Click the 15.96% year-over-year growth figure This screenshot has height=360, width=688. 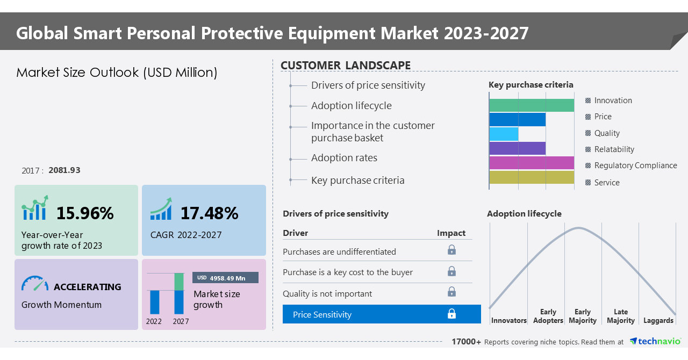coord(85,213)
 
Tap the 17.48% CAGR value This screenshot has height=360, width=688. coord(209,213)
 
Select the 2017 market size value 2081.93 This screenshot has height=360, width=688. coord(64,170)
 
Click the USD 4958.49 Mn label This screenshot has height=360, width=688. coord(225,278)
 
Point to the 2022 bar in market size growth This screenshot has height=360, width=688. coord(155,301)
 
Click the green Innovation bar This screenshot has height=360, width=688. coord(531,105)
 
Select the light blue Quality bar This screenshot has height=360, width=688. coord(504,134)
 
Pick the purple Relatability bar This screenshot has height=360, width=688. coord(517,148)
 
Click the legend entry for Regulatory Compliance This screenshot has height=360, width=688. coord(635,165)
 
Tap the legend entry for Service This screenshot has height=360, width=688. coord(606,183)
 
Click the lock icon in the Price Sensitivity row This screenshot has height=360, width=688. coord(451,314)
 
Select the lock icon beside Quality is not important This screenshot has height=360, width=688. coord(451,292)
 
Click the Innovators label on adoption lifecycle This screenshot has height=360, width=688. coord(508,320)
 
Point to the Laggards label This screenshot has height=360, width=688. coord(658,320)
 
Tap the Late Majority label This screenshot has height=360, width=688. coord(620,316)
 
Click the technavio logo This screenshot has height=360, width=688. coord(655,341)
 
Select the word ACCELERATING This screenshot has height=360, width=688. coord(88,287)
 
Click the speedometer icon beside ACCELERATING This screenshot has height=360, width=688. coord(35,284)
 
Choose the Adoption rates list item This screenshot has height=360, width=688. coord(344,158)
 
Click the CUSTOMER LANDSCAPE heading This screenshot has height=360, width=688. coord(346,66)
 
